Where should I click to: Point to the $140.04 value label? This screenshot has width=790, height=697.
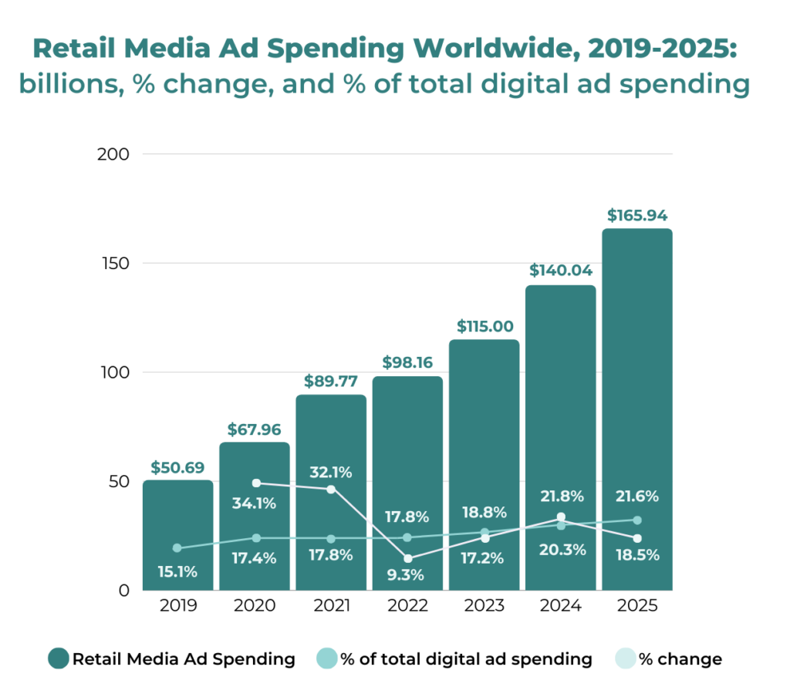(x=560, y=271)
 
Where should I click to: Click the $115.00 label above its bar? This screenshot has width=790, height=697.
(x=484, y=326)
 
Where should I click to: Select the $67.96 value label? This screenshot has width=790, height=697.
(x=255, y=429)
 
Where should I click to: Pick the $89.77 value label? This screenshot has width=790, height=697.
(x=331, y=380)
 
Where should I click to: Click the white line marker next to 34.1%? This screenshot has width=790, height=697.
(x=257, y=483)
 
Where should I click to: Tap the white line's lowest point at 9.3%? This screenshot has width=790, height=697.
(x=407, y=558)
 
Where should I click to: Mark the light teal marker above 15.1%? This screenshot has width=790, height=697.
(x=177, y=548)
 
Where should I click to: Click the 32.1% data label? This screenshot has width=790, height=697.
(x=331, y=472)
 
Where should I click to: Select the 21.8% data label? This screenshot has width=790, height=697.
(x=561, y=496)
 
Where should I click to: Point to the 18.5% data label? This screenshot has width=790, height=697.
(x=637, y=554)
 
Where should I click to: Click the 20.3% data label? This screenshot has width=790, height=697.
(x=561, y=550)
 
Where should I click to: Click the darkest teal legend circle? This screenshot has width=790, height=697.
(x=59, y=658)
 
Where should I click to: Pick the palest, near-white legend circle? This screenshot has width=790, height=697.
(x=626, y=658)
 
